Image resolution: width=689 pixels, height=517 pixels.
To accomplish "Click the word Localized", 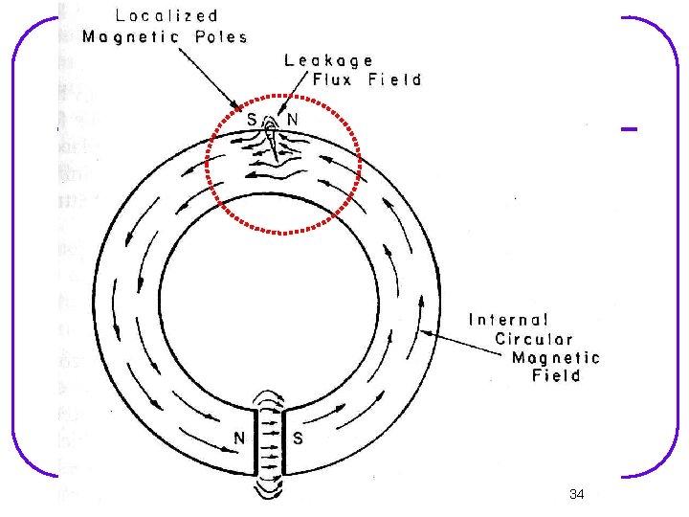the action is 167,16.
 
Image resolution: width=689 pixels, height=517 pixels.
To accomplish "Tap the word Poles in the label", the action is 221,37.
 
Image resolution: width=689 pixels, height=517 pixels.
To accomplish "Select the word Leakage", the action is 328,61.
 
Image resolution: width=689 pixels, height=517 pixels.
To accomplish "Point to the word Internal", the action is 508,320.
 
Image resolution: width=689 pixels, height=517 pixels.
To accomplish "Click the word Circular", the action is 534,339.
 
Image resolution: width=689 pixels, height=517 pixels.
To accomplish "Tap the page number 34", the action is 576,494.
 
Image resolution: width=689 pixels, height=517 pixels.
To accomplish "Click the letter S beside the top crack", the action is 252,119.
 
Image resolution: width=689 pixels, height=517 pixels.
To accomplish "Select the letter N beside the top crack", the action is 292,119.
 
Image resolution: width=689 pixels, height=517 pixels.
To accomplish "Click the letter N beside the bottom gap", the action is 239,438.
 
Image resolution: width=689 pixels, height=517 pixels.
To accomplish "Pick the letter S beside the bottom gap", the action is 298,438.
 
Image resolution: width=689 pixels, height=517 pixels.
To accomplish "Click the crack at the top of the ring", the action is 273,143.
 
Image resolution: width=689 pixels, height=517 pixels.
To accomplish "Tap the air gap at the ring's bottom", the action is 269,441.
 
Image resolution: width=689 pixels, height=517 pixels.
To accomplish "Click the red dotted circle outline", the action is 206,164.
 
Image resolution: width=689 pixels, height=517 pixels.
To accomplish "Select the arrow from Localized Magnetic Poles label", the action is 210,79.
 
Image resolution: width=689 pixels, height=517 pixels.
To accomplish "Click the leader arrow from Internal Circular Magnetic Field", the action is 460,343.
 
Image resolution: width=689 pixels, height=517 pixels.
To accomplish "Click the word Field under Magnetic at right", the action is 556,376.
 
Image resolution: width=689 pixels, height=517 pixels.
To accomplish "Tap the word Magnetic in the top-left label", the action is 130,37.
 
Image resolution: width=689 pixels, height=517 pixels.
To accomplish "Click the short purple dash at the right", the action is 629,129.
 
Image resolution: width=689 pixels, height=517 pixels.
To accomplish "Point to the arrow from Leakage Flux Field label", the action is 292,93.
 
